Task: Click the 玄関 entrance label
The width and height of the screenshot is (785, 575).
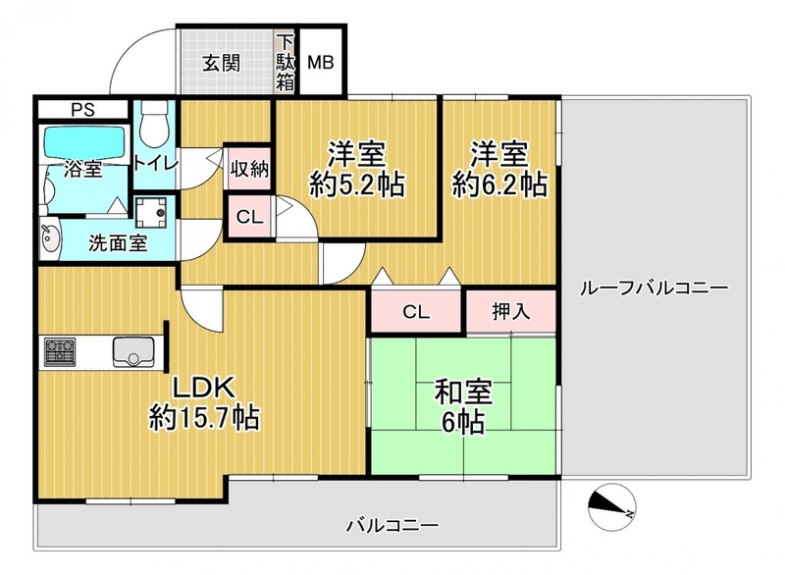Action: (222, 63)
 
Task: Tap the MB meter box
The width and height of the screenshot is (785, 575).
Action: (321, 62)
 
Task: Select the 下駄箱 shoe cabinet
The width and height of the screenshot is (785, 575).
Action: (286, 62)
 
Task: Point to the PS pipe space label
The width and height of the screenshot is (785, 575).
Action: (83, 110)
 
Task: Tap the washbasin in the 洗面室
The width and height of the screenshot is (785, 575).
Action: (50, 239)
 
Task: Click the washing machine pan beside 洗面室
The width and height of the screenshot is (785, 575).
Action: (152, 212)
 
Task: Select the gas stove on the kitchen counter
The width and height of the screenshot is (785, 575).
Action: (60, 352)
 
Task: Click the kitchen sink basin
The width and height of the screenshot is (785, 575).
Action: (133, 352)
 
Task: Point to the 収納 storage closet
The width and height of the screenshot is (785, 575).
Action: (249, 169)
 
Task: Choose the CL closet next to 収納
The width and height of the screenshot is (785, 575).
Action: (249, 217)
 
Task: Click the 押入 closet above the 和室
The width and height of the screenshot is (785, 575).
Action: (511, 311)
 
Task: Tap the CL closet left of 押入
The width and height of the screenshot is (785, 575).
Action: (416, 311)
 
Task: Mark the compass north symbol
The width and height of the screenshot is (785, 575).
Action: (611, 506)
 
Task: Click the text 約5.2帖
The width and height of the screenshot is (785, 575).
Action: (357, 185)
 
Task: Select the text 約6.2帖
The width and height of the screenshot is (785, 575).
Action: (499, 185)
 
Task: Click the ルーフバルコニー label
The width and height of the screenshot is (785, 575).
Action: (654, 288)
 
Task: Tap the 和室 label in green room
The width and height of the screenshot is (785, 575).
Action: (463, 392)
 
